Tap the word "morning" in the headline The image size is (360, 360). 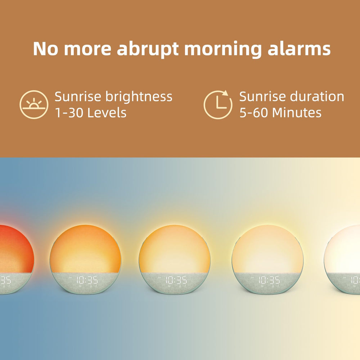(226, 49)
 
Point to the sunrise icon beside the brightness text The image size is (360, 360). (34, 104)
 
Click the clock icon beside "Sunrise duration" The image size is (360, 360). (218, 104)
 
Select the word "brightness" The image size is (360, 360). (139, 97)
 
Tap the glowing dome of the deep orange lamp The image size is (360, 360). (86, 248)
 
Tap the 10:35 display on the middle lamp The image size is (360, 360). (176, 280)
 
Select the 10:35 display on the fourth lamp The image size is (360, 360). (269, 280)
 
